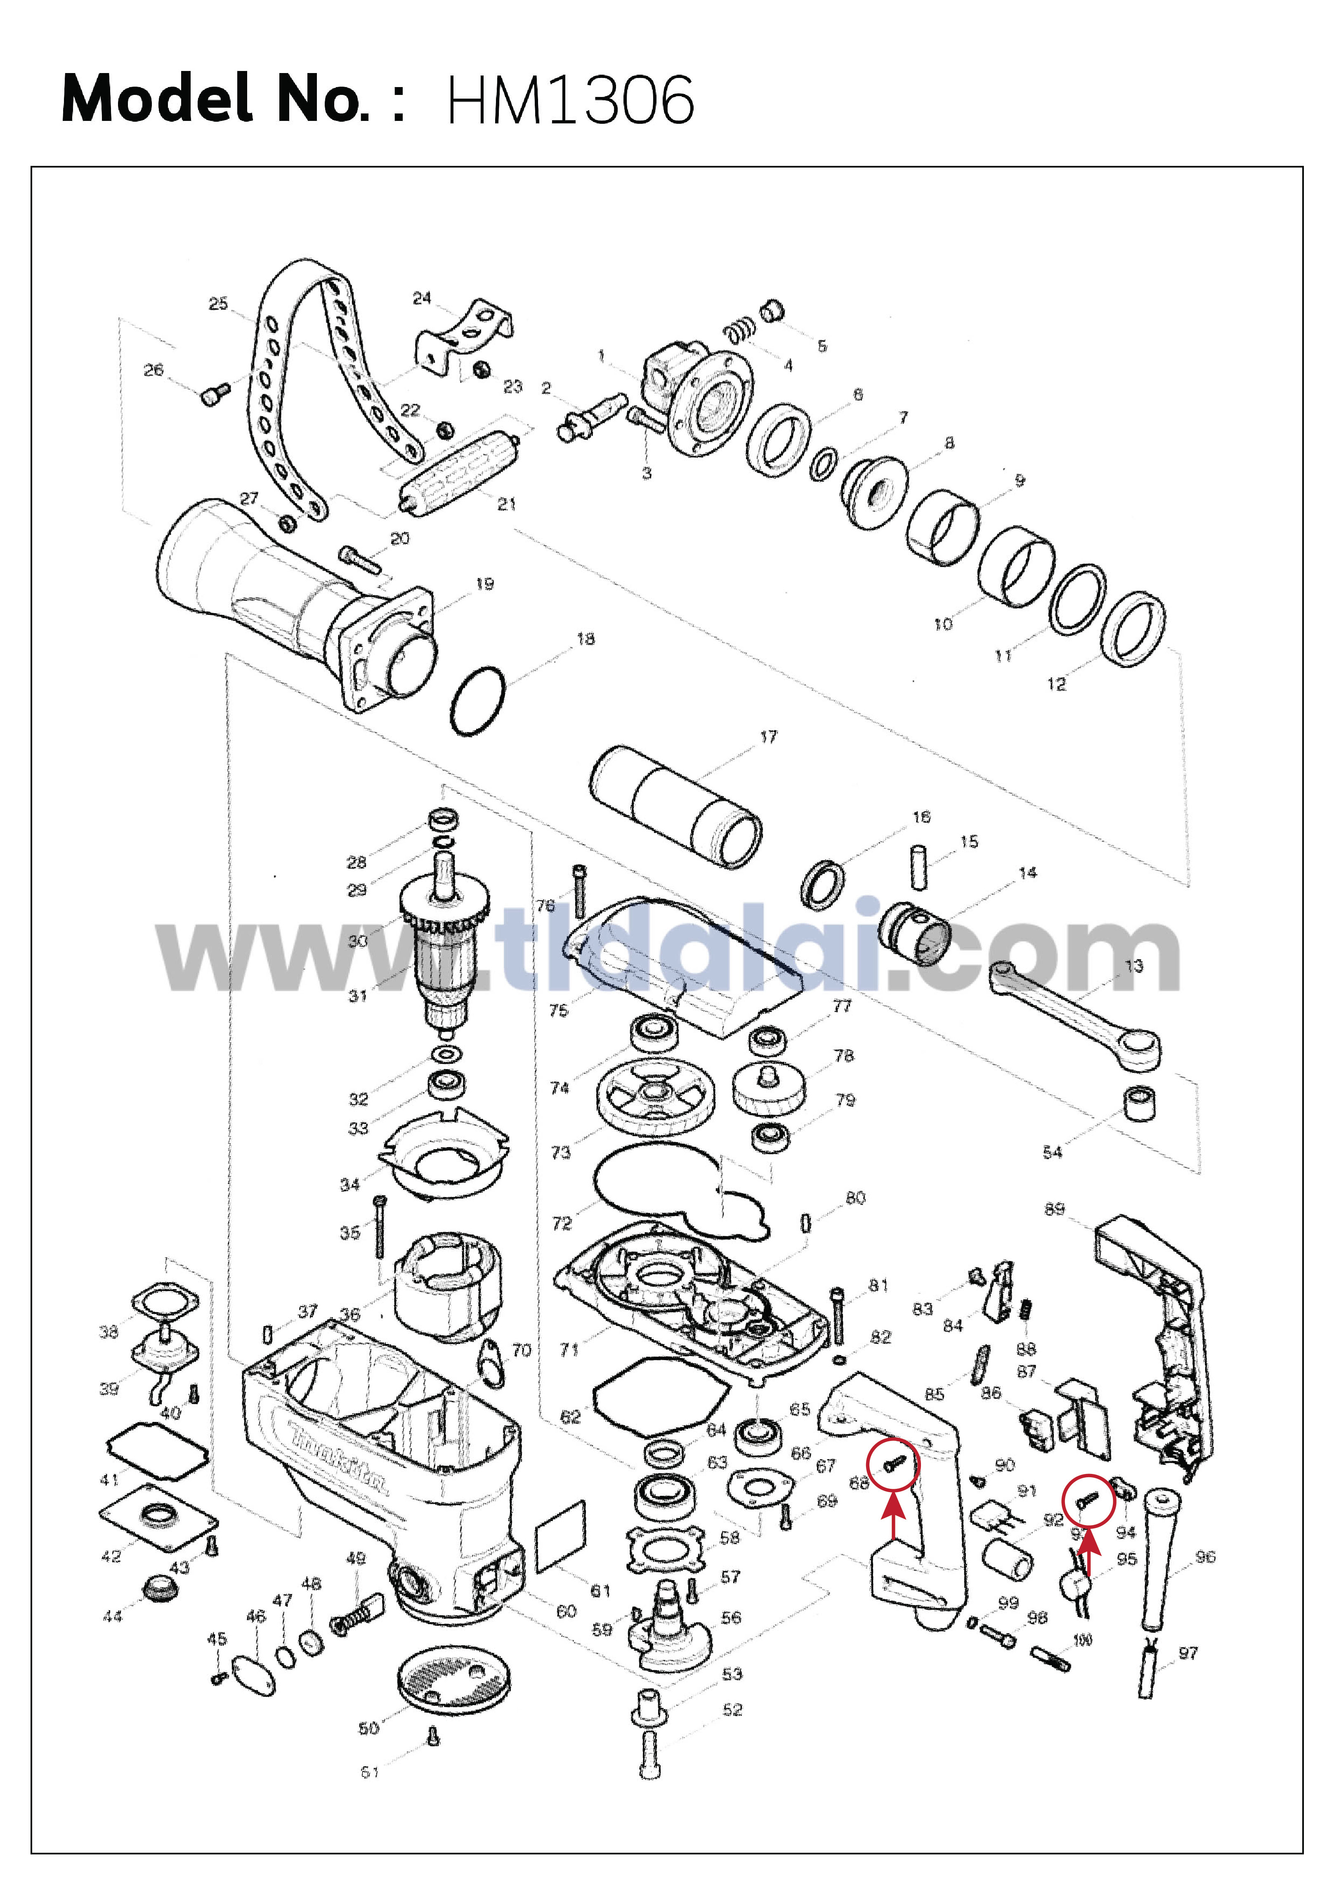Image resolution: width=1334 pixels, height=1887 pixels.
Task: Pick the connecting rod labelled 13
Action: tap(1077, 1016)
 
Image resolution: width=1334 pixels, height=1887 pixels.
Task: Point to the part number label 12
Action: tap(1056, 684)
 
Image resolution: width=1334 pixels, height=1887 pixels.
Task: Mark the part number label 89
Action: tap(1055, 1209)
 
